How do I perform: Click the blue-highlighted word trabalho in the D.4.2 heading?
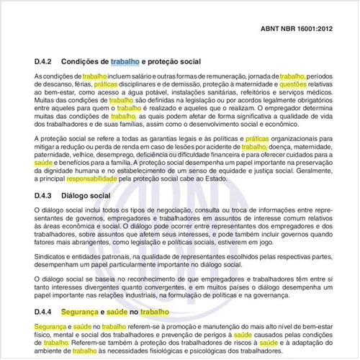[122, 62]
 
